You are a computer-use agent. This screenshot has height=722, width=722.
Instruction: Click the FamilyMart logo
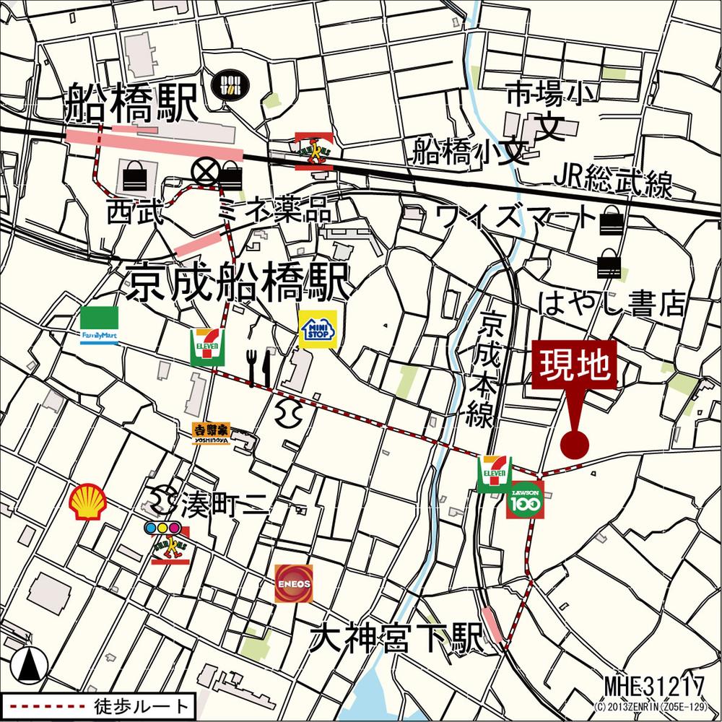(x=100, y=326)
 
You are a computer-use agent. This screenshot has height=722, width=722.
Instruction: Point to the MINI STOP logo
(x=318, y=329)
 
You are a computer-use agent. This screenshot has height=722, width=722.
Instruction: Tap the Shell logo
(x=87, y=502)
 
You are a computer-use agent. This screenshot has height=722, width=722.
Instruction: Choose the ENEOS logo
(x=294, y=583)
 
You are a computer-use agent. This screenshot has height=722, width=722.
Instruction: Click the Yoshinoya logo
(x=211, y=432)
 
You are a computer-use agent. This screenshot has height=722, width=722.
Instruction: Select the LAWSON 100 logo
(x=525, y=500)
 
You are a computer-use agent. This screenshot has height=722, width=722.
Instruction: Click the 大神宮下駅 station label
(x=396, y=638)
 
